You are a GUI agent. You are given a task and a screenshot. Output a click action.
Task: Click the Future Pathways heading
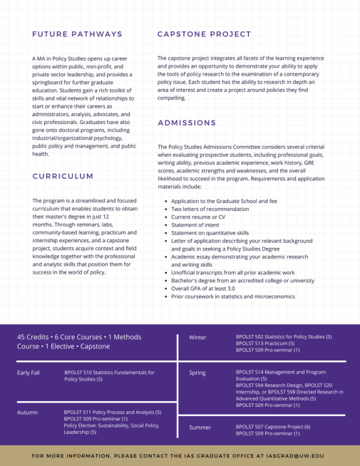coord(77,34)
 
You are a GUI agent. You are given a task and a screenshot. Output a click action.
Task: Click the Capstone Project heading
coord(204,34)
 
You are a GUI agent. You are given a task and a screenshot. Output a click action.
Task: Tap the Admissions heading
coord(187,123)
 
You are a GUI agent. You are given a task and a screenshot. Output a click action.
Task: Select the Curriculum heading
coord(63,176)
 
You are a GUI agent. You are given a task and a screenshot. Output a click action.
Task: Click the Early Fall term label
coord(29,373)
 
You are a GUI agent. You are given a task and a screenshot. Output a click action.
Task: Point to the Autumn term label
coord(28,412)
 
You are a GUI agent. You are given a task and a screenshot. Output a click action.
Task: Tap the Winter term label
coord(197,337)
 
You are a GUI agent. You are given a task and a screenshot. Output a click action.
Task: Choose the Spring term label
coord(197,373)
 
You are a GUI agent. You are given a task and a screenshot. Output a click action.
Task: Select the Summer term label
coord(200,428)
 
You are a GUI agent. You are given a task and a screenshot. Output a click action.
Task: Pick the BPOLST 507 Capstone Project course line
coord(272,427)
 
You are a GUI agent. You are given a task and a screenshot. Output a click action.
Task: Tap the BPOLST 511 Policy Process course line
coord(112,412)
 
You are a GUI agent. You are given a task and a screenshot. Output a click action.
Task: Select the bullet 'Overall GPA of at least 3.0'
coord(203,288)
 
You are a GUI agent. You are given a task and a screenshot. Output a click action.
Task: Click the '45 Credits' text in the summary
coord(36,336)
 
